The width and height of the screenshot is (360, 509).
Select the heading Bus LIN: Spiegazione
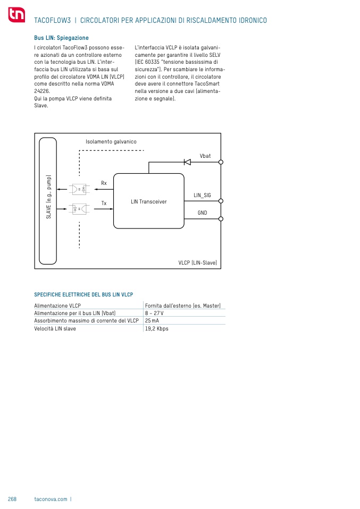click(x=61, y=38)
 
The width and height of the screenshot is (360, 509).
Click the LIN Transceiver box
click(x=149, y=201)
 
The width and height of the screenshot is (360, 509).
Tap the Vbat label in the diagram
click(x=205, y=156)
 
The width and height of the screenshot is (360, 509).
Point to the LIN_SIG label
click(x=202, y=196)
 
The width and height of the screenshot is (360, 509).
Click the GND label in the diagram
click(x=202, y=213)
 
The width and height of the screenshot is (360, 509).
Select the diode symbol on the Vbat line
click(x=187, y=162)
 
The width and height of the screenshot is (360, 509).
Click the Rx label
click(x=104, y=183)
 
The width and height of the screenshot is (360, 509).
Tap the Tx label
click(x=104, y=203)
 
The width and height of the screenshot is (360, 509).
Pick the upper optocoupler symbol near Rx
click(x=78, y=189)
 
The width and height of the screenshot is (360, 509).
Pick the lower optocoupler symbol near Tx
click(x=78, y=209)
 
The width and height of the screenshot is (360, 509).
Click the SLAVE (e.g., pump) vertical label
click(x=48, y=197)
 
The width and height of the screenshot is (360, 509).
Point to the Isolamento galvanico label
click(x=111, y=142)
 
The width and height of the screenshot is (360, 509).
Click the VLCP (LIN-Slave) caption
click(x=197, y=263)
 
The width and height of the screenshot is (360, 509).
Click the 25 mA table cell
click(x=152, y=321)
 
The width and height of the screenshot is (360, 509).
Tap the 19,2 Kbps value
click(x=156, y=329)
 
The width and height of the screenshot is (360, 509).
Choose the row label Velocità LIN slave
click(x=55, y=329)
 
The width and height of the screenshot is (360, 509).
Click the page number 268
click(x=12, y=499)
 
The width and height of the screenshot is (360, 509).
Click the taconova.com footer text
click(x=51, y=499)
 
